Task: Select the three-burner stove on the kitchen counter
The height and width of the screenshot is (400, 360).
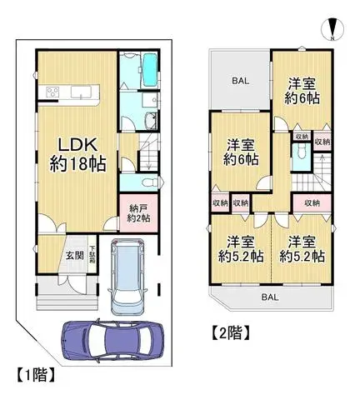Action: (50, 92)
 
